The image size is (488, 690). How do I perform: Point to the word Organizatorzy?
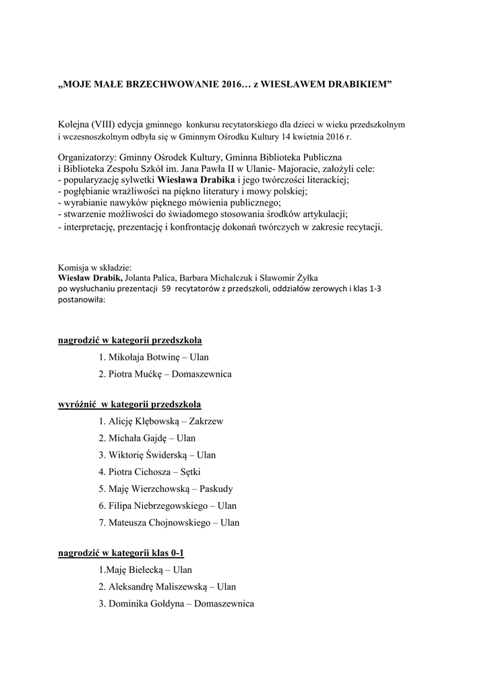point(86,157)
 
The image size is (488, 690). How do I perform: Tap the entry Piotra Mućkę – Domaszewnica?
point(164,373)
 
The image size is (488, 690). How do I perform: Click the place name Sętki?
point(190,472)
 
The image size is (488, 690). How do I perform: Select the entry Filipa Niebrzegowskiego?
point(158,505)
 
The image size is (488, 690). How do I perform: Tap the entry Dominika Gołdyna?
point(146,604)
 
